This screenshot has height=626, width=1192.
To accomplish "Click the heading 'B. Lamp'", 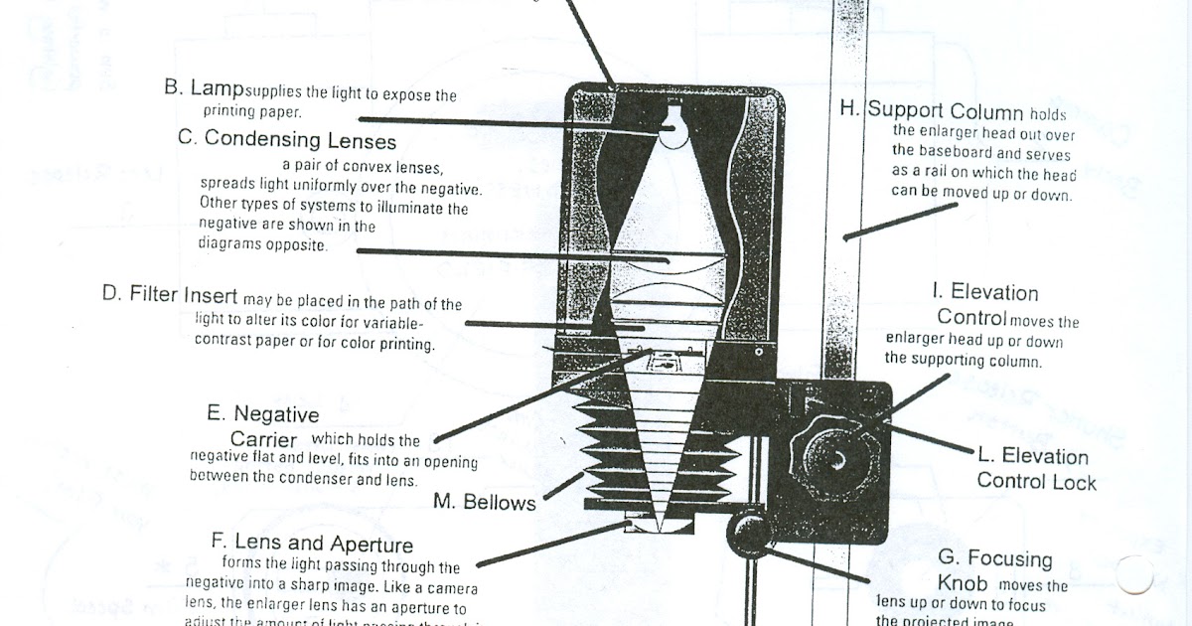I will [204, 87].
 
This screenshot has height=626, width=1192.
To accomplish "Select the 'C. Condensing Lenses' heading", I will [287, 140].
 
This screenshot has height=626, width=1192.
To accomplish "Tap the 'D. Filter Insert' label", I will [170, 294].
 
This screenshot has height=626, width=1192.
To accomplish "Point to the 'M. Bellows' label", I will [485, 502].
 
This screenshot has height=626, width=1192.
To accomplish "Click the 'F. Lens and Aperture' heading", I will [312, 544].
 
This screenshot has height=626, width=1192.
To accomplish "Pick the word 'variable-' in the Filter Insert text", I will [388, 324].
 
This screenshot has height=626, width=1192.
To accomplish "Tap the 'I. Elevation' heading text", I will [984, 292].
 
